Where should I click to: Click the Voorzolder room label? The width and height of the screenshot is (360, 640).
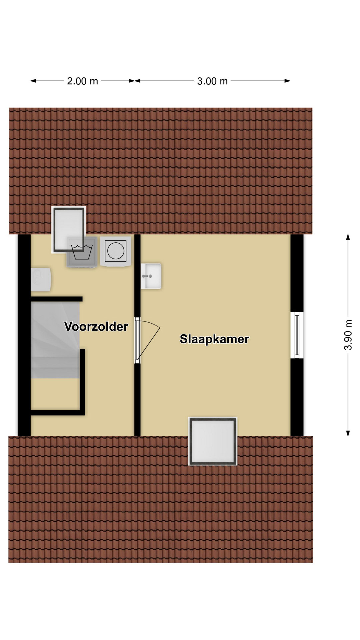(96, 326)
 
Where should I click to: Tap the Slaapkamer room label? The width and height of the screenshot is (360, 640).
(214, 339)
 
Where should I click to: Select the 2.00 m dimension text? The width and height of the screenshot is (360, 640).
(82, 81)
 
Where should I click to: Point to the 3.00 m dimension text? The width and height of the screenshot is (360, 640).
(212, 81)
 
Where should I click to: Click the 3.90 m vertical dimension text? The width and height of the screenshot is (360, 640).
(348, 335)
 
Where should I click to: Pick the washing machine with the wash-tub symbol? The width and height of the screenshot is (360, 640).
(82, 252)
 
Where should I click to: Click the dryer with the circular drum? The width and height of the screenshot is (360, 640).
(115, 251)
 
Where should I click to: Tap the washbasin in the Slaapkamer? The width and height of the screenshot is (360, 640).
(151, 276)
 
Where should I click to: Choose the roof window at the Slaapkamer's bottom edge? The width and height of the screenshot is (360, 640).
(213, 441)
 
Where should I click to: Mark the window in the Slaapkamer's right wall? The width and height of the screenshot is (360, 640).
(297, 335)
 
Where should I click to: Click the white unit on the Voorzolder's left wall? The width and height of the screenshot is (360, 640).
(41, 279)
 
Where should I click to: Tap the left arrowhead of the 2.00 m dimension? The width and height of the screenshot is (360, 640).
(33, 81)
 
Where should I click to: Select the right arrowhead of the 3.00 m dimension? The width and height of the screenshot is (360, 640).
(287, 81)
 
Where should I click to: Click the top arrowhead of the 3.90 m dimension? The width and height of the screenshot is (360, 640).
(348, 237)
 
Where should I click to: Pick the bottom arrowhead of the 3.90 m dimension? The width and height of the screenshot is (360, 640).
(348, 433)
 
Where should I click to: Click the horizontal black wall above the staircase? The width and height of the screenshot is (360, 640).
(57, 299)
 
